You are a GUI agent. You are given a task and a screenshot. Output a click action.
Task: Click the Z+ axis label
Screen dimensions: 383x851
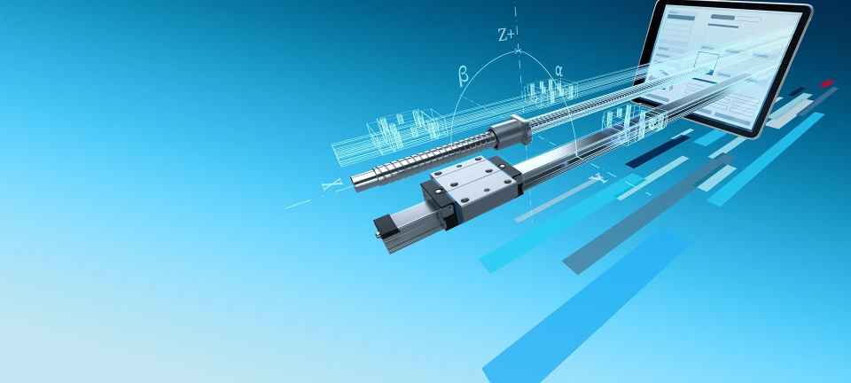pos(506,35)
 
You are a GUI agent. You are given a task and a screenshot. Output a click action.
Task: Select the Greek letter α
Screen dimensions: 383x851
pos(558,70)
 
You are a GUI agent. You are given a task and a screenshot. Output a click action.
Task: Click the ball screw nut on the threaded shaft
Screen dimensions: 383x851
pos(511,134)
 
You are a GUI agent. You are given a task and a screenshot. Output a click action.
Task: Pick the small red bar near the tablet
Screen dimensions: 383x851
pos(826,83)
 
